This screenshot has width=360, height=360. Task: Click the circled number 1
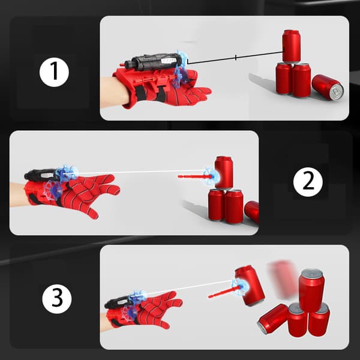tap(54, 72)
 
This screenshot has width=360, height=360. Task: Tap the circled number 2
tap(308, 182)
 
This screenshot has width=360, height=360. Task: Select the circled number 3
tap(57, 299)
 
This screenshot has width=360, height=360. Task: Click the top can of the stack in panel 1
tap(291, 46)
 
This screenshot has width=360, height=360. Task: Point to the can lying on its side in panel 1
tap(328, 87)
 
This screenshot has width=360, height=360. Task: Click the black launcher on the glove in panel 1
tap(152, 61)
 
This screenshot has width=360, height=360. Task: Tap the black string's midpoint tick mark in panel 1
tap(236, 58)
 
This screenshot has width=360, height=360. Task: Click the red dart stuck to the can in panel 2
tap(195, 176)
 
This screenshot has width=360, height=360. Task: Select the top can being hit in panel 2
tap(224, 172)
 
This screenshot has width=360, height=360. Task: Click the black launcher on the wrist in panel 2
tap(41, 175)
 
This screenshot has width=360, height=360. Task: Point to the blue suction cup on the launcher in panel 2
tap(67, 173)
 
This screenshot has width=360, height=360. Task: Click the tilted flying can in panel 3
tap(250, 286)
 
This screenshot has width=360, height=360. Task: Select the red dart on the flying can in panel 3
tap(224, 292)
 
